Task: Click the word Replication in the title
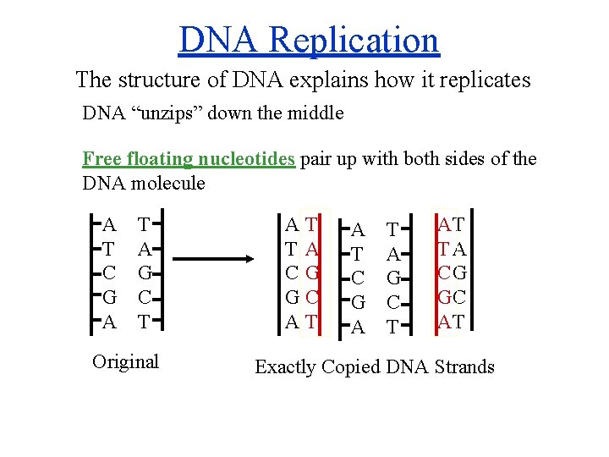pyautogui.click(x=369, y=40)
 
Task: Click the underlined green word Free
pyautogui.click(x=101, y=159)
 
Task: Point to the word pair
pyautogui.click(x=318, y=159)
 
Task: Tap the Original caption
pyautogui.click(x=124, y=361)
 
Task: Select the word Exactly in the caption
pyautogui.click(x=285, y=367)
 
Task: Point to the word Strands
pyautogui.click(x=464, y=367)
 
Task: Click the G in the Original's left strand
pyautogui.click(x=109, y=298)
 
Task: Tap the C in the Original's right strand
pyautogui.click(x=145, y=298)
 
